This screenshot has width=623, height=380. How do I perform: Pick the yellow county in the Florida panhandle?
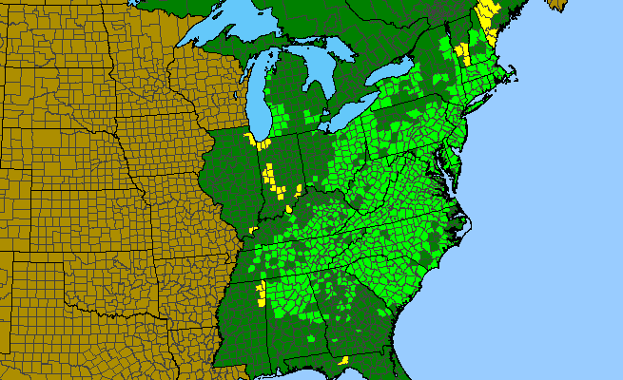(342, 360)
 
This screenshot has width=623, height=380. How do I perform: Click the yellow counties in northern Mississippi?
(260, 290)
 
